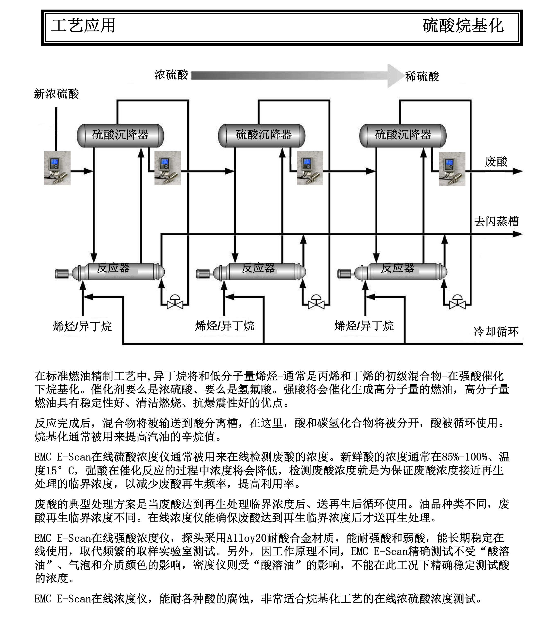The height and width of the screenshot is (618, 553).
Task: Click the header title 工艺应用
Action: pos(83,26)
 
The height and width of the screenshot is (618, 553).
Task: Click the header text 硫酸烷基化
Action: pos(463,26)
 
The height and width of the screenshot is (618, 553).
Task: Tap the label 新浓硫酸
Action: pos(57,94)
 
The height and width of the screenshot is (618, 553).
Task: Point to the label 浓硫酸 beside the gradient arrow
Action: pos(171,75)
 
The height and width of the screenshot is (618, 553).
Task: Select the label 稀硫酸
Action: pos(422,77)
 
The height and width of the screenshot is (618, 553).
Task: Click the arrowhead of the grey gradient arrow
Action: pos(395,76)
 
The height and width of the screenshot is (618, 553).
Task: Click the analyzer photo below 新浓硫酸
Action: pos(58,168)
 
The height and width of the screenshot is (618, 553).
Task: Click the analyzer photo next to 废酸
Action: pos(452,169)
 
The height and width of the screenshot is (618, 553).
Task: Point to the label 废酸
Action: pos(496,162)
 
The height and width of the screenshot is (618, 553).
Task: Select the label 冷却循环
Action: pos(496,332)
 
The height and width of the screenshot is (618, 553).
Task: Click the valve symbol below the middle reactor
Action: pos(316,302)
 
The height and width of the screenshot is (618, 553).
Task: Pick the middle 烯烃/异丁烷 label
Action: pos(225,326)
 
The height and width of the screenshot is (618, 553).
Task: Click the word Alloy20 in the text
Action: pos(247,538)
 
